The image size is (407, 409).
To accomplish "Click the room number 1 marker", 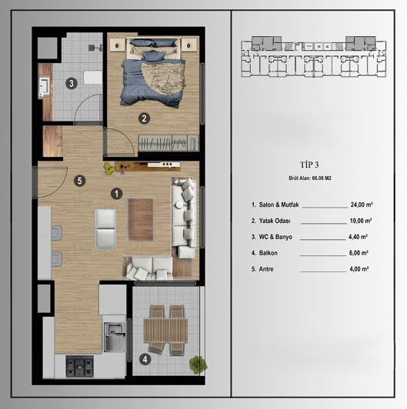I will click(116, 195).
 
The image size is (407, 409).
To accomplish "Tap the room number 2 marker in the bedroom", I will click(143, 118).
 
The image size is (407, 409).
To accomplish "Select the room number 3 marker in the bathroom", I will click(70, 83).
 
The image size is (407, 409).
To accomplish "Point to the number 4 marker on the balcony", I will click(145, 358).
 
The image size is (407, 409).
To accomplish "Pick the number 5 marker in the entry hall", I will click(78, 181).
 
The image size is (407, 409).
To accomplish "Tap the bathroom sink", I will click(43, 87).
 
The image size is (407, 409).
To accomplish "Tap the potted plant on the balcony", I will click(197, 362).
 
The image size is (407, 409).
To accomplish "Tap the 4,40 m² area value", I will click(359, 238).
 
